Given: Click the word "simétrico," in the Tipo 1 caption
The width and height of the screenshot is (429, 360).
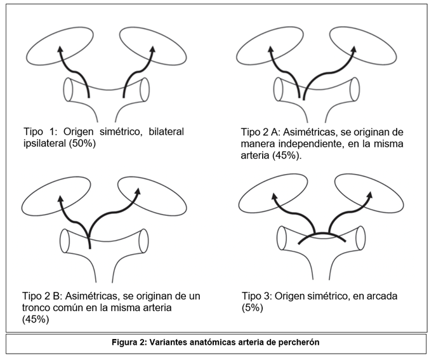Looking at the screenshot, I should click(116, 132).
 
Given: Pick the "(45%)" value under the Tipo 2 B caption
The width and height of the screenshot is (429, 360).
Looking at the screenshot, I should click(36, 319).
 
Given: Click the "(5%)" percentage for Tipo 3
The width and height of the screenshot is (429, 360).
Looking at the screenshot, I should click(252, 308).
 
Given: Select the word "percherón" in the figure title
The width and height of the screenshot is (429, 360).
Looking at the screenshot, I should click(296, 342).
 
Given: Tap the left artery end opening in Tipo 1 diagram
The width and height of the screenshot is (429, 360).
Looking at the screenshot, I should click(69, 90).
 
